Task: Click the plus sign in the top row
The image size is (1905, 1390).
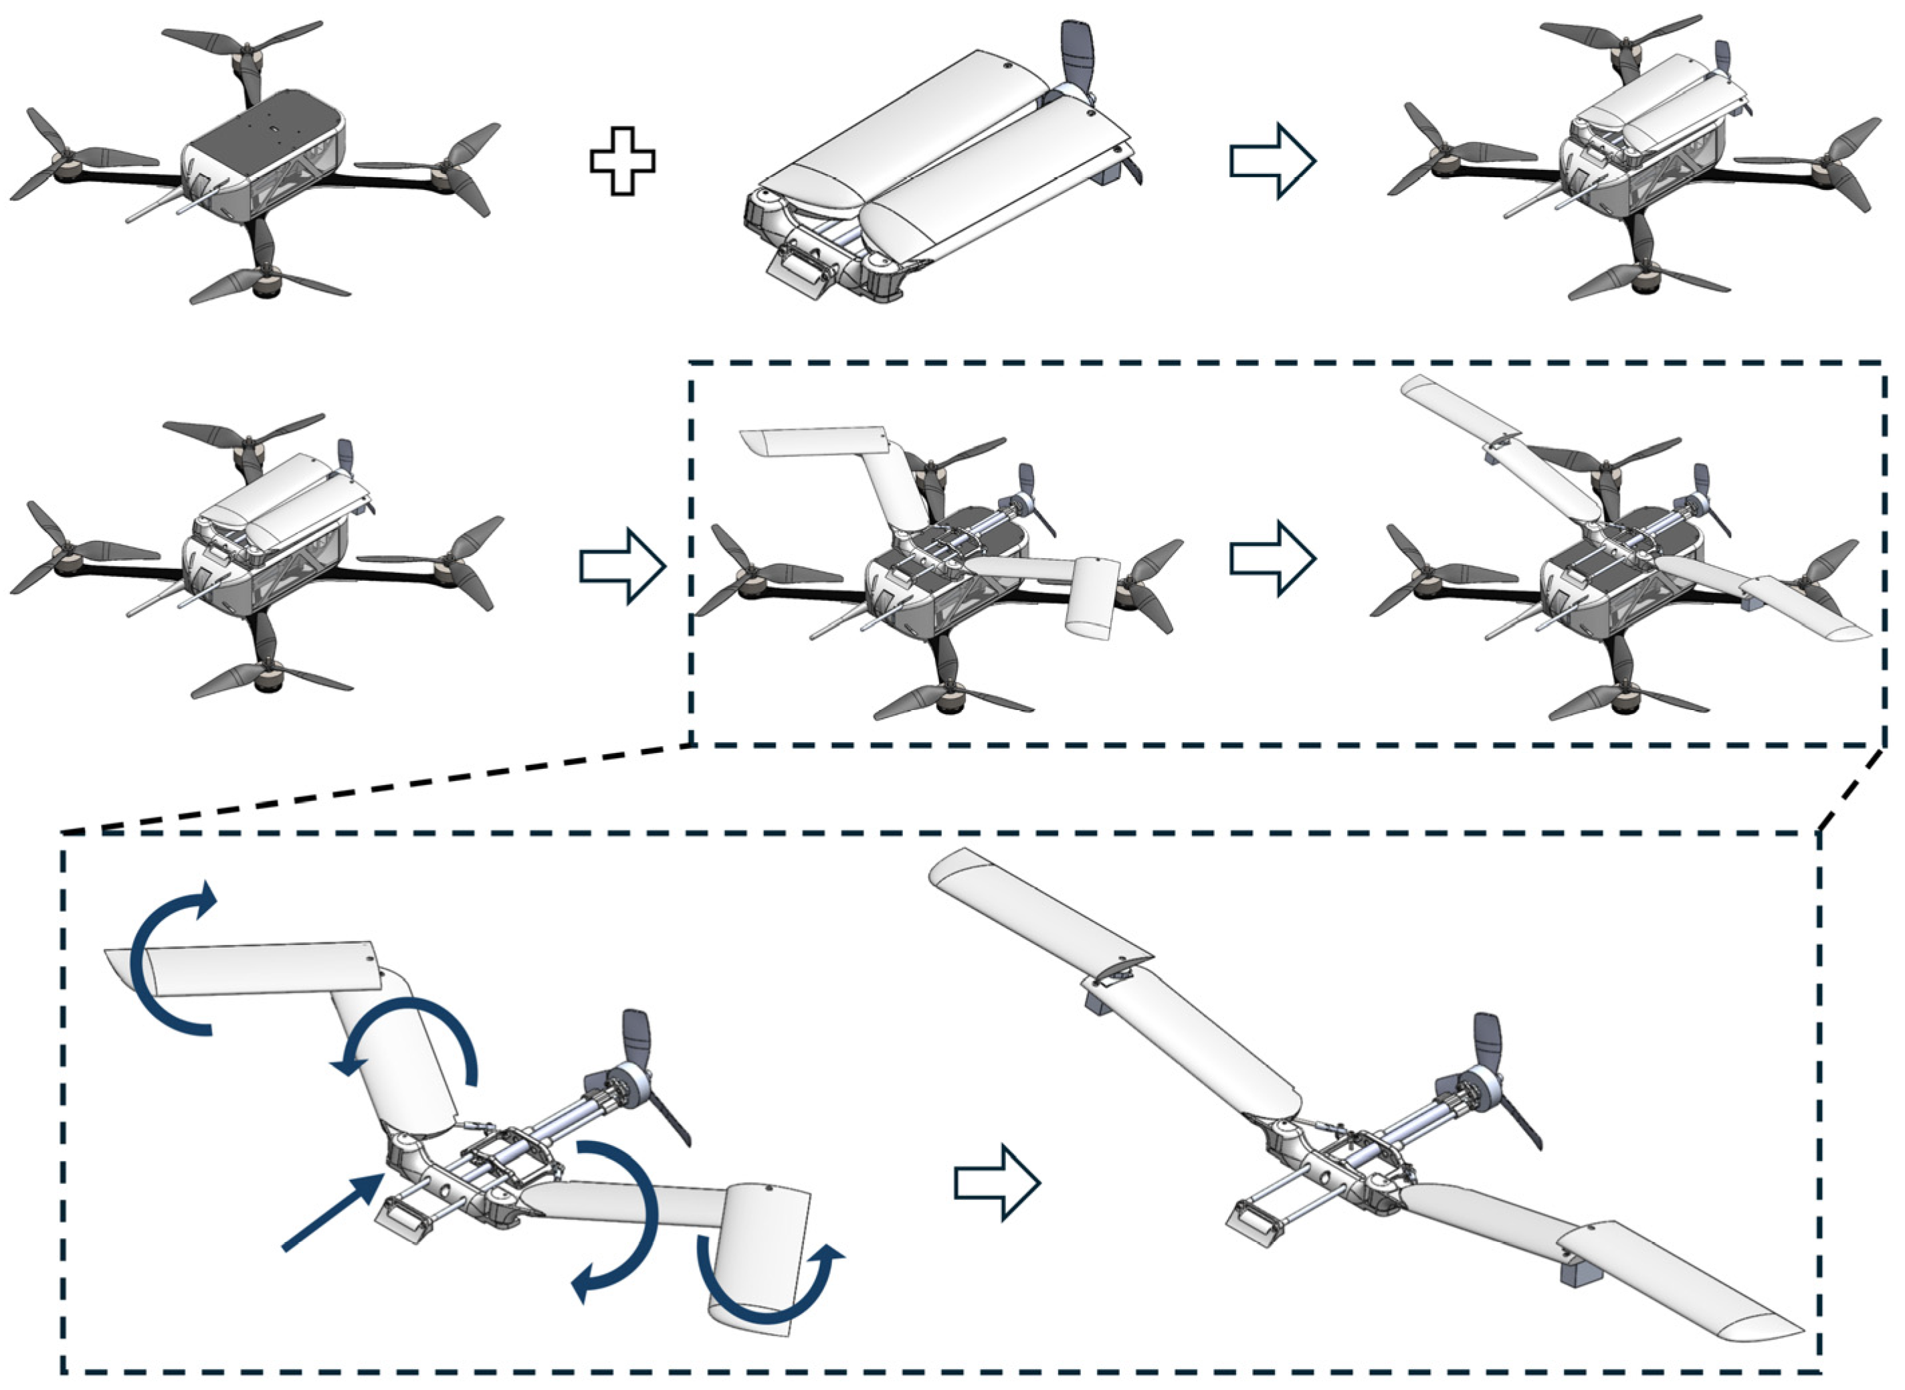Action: click(622, 161)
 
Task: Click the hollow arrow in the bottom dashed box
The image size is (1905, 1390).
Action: click(997, 1182)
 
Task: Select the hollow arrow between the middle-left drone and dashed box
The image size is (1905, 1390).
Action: click(622, 566)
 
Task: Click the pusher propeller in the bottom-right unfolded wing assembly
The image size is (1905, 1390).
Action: click(1493, 1077)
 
